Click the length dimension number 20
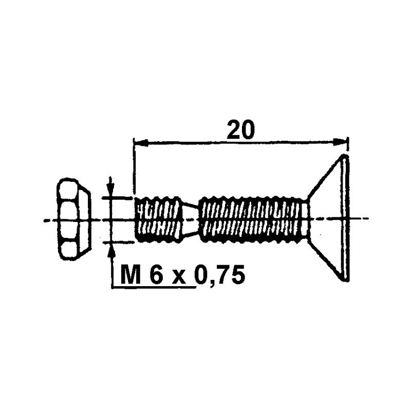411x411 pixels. (x=240, y=130)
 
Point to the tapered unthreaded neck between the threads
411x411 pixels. (x=191, y=219)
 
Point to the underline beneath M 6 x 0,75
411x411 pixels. (x=154, y=288)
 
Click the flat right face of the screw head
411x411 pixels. (x=346, y=218)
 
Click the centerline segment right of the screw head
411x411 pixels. (x=363, y=219)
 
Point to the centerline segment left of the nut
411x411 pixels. (x=49, y=220)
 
